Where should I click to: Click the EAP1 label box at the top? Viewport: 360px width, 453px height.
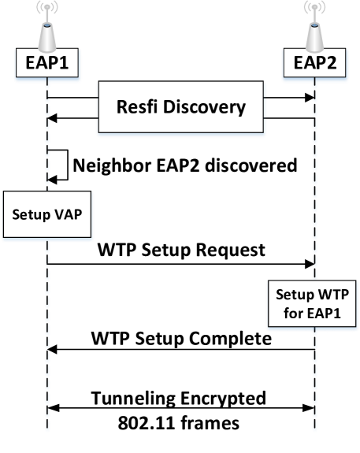point(47,63)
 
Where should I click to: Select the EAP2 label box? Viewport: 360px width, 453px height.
point(314,63)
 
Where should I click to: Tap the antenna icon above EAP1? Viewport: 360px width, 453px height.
point(47,32)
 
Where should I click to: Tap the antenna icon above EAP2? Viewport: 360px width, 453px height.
point(314,32)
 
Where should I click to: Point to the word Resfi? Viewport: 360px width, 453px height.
point(139,106)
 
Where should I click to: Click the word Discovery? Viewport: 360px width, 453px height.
point(204,106)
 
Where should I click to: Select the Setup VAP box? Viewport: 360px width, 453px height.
point(47,214)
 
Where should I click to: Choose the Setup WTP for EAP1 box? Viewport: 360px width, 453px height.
point(313,306)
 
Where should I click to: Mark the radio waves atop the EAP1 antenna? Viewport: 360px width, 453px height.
point(47,10)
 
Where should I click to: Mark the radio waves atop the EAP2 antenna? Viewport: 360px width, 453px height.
point(314,10)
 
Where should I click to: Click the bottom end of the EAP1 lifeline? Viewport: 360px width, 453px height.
point(48,429)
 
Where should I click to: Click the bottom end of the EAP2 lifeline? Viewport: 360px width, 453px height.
point(314,429)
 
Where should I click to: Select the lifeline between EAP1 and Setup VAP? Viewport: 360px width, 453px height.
point(48,134)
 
